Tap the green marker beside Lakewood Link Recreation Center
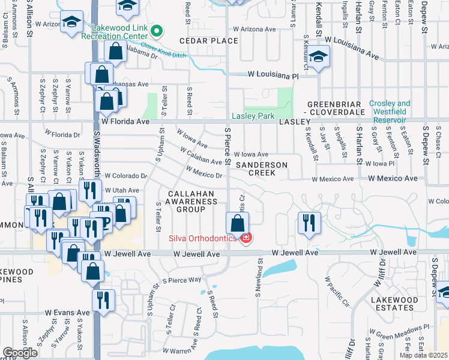pos(157,30)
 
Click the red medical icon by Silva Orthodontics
pos(246,238)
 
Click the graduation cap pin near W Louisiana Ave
pos(318,58)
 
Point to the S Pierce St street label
pos(227,146)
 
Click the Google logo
pos(19,353)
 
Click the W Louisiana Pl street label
pos(273,76)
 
